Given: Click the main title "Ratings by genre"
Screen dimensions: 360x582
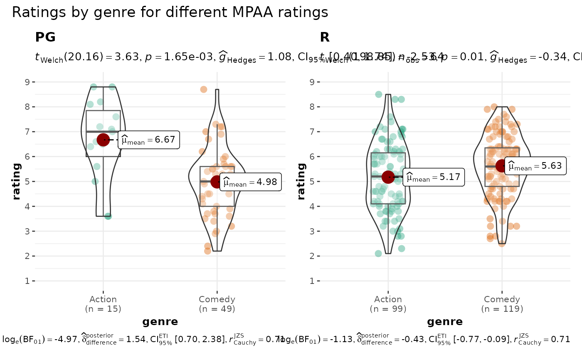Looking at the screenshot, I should (170, 12).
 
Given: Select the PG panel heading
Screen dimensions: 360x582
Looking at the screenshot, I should (45, 37).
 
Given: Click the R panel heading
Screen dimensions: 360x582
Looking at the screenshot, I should (325, 37).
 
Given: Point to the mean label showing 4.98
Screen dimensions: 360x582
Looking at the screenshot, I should (251, 182).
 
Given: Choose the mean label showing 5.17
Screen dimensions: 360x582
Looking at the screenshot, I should (434, 178).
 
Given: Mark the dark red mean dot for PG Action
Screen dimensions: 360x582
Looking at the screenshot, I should (103, 140).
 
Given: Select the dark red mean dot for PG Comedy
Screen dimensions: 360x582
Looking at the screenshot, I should (217, 182).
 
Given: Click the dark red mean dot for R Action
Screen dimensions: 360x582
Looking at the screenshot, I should (388, 177).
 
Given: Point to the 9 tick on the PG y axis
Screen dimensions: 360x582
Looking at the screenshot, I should (27, 82).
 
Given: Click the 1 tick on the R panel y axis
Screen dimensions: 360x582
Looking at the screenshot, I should (312, 281).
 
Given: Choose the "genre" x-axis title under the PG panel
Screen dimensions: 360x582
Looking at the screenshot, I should (160, 321).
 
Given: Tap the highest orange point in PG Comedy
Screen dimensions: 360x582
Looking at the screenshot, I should (204, 89).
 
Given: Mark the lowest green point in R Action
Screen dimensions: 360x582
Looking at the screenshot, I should (378, 254).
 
